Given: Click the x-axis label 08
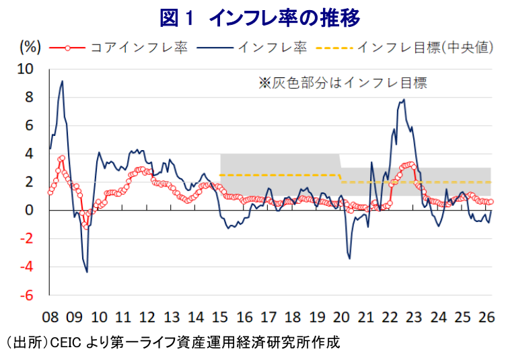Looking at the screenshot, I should [51, 317].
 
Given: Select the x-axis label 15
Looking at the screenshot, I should [220, 317].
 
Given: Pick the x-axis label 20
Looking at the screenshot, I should [341, 317].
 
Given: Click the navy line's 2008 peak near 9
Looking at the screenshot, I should [63, 81].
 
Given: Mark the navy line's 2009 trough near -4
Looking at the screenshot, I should [87, 272].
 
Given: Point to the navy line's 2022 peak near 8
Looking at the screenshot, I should [404, 100].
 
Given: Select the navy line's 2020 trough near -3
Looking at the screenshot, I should [349, 258].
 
